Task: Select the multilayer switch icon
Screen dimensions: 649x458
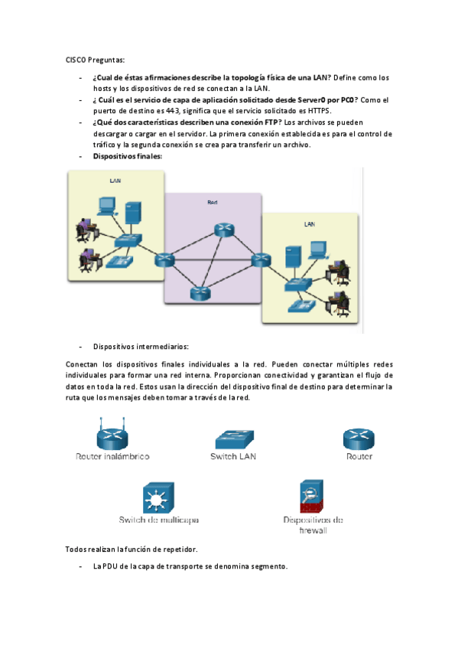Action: point(159,498)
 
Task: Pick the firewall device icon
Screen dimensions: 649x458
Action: point(312,497)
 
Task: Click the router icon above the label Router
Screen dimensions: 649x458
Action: point(358,439)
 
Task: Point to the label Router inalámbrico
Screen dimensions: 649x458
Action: point(112,457)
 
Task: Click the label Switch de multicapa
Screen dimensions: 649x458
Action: point(158,520)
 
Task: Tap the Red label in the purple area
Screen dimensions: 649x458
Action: point(213,202)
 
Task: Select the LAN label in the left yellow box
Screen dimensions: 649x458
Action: point(115,181)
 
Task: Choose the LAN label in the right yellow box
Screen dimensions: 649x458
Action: point(309,224)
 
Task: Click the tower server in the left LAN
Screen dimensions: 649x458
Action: point(132,214)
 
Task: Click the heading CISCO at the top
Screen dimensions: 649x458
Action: point(76,59)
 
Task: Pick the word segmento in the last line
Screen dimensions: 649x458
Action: point(267,567)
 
